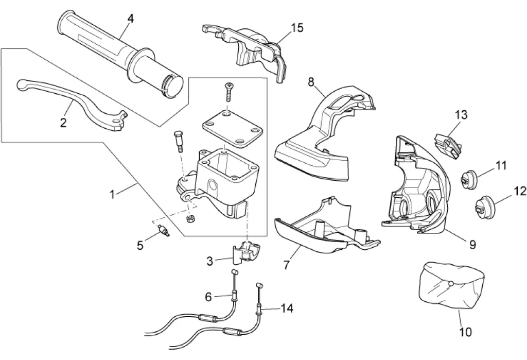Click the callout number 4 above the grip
coord(130,19)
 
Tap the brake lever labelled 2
coord(72,102)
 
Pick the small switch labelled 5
coord(163,231)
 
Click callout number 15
coord(297,28)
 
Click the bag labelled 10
coord(452,286)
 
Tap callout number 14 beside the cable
coord(287,308)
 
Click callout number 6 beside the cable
coord(208,297)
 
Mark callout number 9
coord(472,245)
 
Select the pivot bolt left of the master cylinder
coord(179,141)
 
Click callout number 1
coord(112,194)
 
